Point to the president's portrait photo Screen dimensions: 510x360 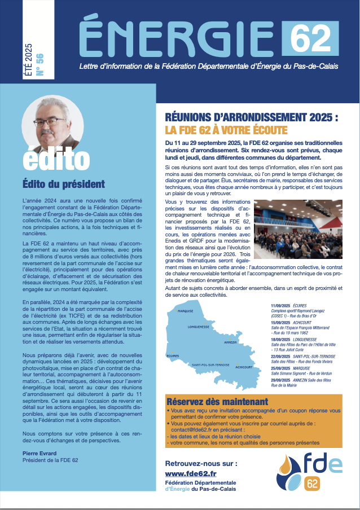[x=51, y=122]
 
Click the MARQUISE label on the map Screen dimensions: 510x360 [x=185, y=310]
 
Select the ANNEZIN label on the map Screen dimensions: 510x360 [x=230, y=342]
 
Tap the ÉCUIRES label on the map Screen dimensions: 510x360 [x=172, y=356]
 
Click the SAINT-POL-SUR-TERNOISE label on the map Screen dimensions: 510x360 [x=210, y=365]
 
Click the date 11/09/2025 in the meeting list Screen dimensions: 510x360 [x=281, y=305]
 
